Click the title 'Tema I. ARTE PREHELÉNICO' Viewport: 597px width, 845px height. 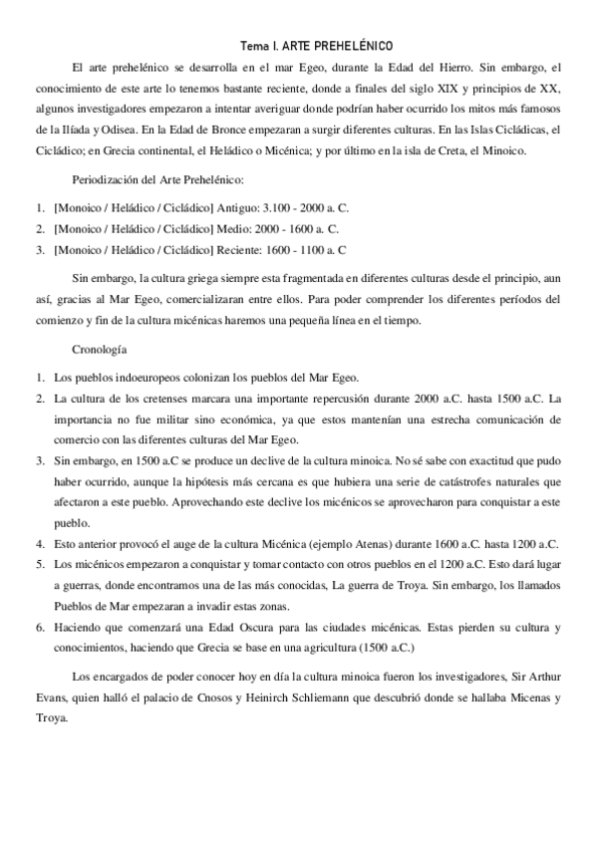(x=318, y=47)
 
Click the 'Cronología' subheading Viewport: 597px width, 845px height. (x=100, y=351)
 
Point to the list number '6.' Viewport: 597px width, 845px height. (x=41, y=629)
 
